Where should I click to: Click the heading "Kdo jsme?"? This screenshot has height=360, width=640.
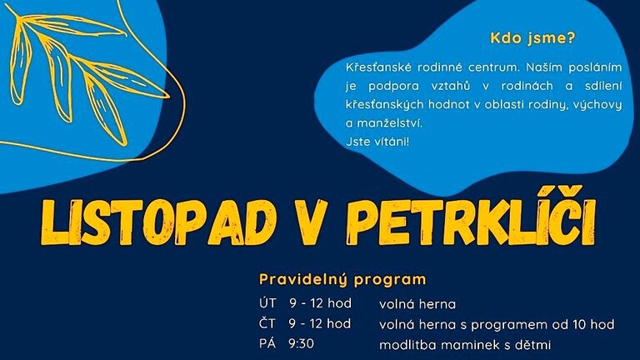tap(532, 38)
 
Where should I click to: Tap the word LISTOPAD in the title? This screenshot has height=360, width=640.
tap(158, 222)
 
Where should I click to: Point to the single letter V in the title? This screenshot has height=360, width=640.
tap(312, 222)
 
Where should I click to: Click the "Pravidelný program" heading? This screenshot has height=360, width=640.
tap(342, 280)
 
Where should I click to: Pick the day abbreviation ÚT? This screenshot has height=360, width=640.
tap(267, 302)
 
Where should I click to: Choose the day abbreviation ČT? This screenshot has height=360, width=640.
tap(267, 323)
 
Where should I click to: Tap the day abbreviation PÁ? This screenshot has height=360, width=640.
tap(267, 343)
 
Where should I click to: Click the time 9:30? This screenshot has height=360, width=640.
tap(301, 344)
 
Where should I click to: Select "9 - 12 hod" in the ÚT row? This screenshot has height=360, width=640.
tap(320, 303)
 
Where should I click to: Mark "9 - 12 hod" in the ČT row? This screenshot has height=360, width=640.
tap(320, 323)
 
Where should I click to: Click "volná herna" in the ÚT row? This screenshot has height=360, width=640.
tap(417, 304)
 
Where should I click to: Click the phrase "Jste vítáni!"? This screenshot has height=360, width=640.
tap(377, 142)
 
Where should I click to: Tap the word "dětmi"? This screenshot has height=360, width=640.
tap(532, 344)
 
